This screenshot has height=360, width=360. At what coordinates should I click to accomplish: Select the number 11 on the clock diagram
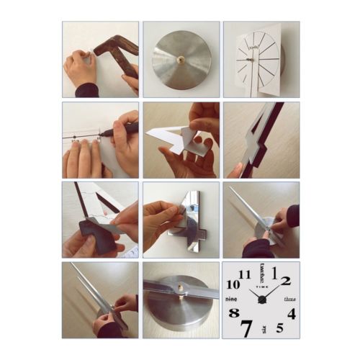point(245,274)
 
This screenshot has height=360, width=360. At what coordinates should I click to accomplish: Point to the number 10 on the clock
point(233,284)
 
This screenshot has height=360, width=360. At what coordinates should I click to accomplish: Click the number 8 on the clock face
point(233,312)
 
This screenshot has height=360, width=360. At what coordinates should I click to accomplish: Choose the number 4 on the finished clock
point(291,313)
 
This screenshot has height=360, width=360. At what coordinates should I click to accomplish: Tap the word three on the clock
point(289,298)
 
